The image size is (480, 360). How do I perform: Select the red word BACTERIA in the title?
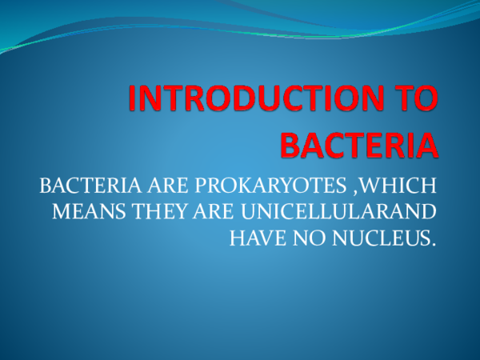click(x=359, y=145)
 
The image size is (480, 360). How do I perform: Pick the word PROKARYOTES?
click(x=258, y=188)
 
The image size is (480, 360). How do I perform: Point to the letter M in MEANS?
click(x=60, y=212)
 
